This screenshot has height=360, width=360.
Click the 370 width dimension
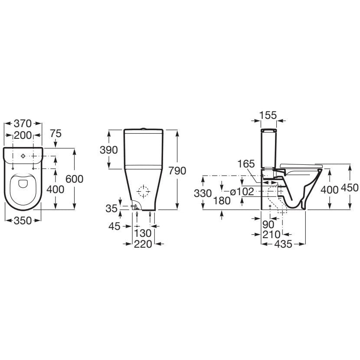tap(23, 124)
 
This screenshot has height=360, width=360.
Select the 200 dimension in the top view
tap(23, 135)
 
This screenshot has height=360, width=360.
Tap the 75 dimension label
tap(56, 134)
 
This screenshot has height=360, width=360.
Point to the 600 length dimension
tap(75, 179)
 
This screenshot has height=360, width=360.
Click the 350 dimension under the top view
tap(23, 221)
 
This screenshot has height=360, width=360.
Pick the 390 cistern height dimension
tap(108, 150)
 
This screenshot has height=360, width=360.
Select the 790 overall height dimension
tap(177, 170)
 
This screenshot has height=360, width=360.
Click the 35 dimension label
tap(111, 209)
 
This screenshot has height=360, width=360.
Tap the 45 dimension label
tap(115, 226)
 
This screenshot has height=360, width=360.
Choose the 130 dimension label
tap(143, 233)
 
